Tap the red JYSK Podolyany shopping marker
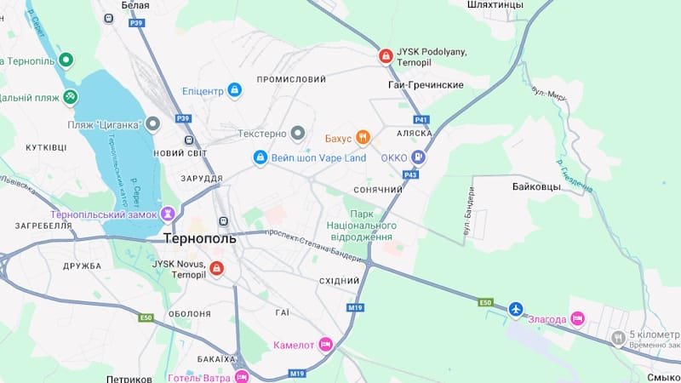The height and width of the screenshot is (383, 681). click(386, 57)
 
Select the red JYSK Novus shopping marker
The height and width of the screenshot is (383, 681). click(216, 269)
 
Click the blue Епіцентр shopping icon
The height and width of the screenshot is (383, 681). click(235, 90)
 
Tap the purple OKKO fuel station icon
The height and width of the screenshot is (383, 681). click(418, 157)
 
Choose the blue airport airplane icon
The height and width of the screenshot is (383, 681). click(515, 309)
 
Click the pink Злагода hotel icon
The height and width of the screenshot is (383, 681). click(577, 318)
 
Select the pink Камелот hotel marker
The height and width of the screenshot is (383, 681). click(324, 346)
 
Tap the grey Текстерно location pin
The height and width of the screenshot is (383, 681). click(297, 133)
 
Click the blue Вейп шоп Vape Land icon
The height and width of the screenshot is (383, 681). click(260, 157)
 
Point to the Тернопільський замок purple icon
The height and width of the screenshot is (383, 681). click(169, 214)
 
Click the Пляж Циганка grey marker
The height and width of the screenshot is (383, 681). click(153, 124)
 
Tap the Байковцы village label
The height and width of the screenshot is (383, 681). click(536, 186)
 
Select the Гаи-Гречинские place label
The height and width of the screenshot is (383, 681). click(426, 85)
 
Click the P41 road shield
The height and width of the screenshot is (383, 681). click(421, 120)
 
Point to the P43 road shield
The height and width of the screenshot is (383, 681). click(411, 174)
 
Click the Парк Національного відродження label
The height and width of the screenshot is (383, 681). click(362, 226)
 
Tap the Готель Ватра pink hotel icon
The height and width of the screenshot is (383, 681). click(242, 376)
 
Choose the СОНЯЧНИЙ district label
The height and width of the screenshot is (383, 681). click(377, 189)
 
